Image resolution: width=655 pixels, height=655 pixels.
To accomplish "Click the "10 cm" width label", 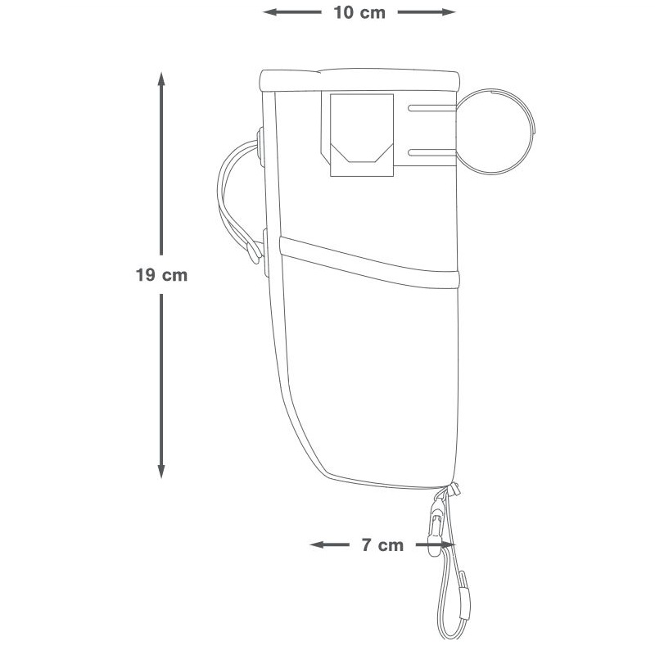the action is click(359, 12).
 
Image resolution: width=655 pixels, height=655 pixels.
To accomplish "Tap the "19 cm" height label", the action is click(161, 275).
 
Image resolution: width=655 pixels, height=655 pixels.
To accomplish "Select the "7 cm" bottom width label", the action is click(382, 545).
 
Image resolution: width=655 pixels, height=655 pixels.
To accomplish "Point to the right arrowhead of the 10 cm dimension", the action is click(448, 12).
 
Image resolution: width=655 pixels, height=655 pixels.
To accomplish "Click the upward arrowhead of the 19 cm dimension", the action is click(161, 79).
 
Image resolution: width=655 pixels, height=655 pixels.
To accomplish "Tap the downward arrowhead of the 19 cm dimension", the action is click(161, 470).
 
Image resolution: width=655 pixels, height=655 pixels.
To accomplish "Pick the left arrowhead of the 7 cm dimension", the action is click(318, 544).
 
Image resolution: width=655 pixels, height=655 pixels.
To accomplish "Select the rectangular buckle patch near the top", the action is click(362, 135).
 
